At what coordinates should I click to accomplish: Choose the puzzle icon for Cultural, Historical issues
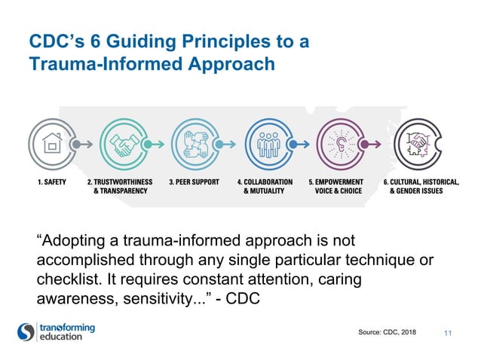pos(416,142)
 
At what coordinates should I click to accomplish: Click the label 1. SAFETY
pos(47,182)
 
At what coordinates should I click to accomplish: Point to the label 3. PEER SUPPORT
pos(194,182)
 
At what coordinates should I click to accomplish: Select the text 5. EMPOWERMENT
pos(336,182)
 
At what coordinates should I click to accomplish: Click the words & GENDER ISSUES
pos(416,192)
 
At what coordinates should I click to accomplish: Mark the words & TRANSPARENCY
pos(120,192)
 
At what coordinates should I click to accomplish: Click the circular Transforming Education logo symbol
pos(26,332)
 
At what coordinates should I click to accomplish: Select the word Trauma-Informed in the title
pos(104,65)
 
